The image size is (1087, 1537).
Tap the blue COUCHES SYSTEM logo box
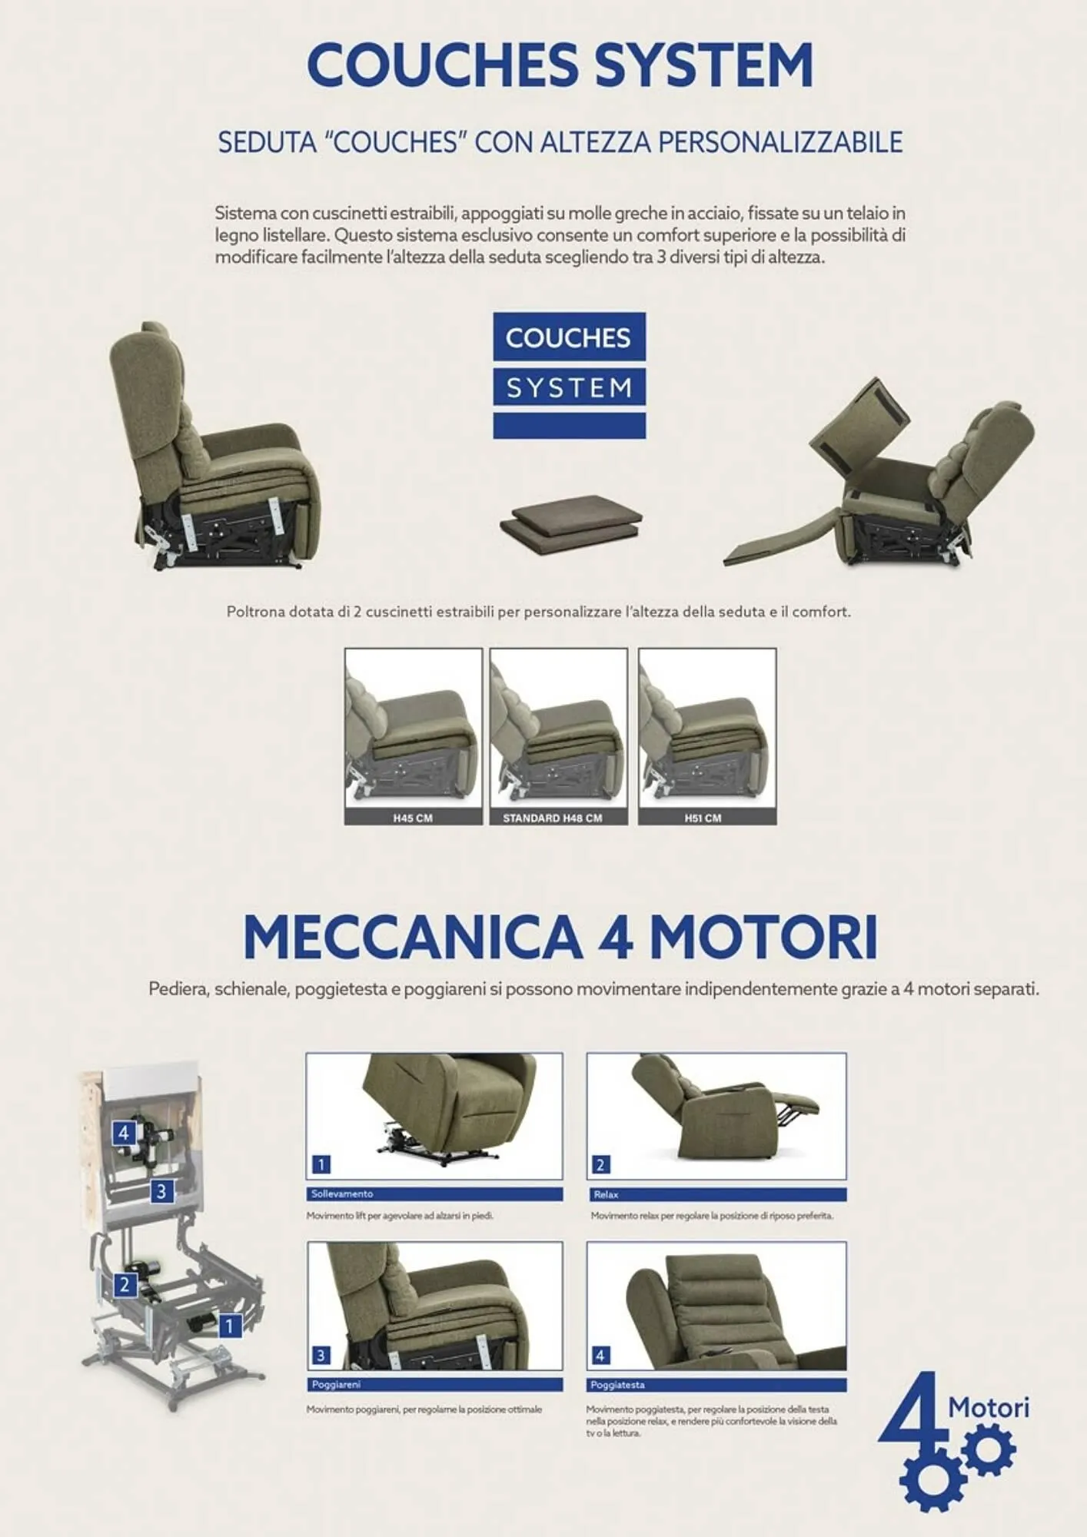click(569, 375)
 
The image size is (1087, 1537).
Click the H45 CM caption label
click(413, 818)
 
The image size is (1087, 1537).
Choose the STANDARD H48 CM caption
click(558, 818)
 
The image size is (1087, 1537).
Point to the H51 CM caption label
click(703, 818)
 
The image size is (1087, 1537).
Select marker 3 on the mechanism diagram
click(161, 1192)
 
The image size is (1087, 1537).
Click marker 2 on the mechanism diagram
click(125, 1284)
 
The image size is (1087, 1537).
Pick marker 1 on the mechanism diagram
click(229, 1325)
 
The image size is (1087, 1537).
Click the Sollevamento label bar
click(434, 1194)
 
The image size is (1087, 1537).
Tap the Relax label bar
click(716, 1195)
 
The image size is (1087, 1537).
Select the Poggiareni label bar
click(434, 1384)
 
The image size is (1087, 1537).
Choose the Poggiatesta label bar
click(716, 1385)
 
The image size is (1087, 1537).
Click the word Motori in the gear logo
click(989, 1408)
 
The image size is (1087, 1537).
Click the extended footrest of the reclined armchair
click(776, 542)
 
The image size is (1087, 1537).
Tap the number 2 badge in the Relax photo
click(600, 1164)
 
